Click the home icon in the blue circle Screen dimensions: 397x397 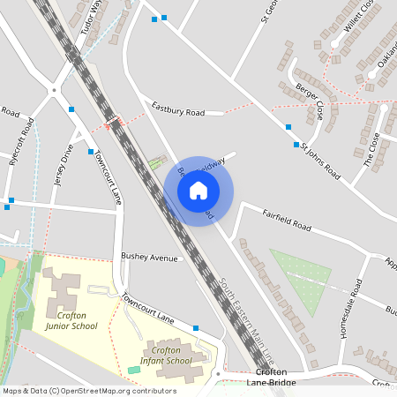198,190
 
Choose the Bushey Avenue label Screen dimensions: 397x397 150,258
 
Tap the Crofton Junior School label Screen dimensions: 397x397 71,319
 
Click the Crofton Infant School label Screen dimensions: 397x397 166,355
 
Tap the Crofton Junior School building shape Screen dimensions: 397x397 61,286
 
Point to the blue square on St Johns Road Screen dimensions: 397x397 288,127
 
